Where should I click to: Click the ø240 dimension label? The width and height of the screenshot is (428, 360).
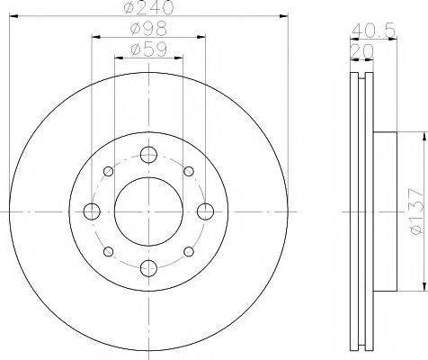[x=148, y=7]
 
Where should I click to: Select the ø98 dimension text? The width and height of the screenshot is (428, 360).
[x=148, y=29]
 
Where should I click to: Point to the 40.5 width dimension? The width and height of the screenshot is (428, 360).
[x=373, y=30]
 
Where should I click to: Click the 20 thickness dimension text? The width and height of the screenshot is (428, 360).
[x=361, y=51]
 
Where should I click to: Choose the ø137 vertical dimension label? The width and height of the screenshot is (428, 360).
[x=416, y=211]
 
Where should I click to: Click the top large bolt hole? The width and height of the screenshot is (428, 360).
[x=148, y=155]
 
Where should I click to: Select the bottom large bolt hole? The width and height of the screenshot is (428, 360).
[x=148, y=268]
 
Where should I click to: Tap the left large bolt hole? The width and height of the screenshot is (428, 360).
[x=92, y=211]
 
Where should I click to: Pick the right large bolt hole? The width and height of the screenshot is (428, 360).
[x=206, y=211]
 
